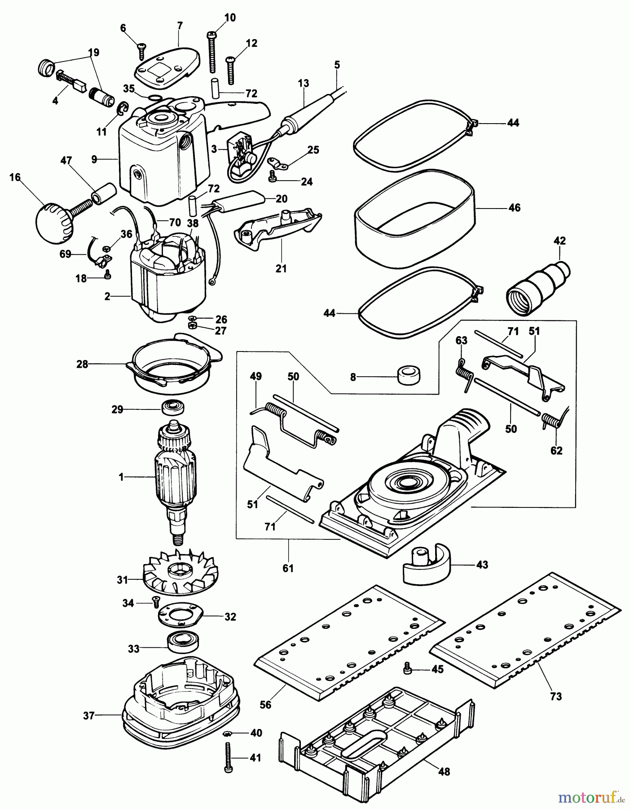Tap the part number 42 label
point(560,241)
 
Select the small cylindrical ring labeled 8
point(409,374)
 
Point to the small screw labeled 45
point(408,668)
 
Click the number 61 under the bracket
point(288,568)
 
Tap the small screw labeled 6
point(141,51)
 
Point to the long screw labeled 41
point(229,758)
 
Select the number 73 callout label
point(556,696)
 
